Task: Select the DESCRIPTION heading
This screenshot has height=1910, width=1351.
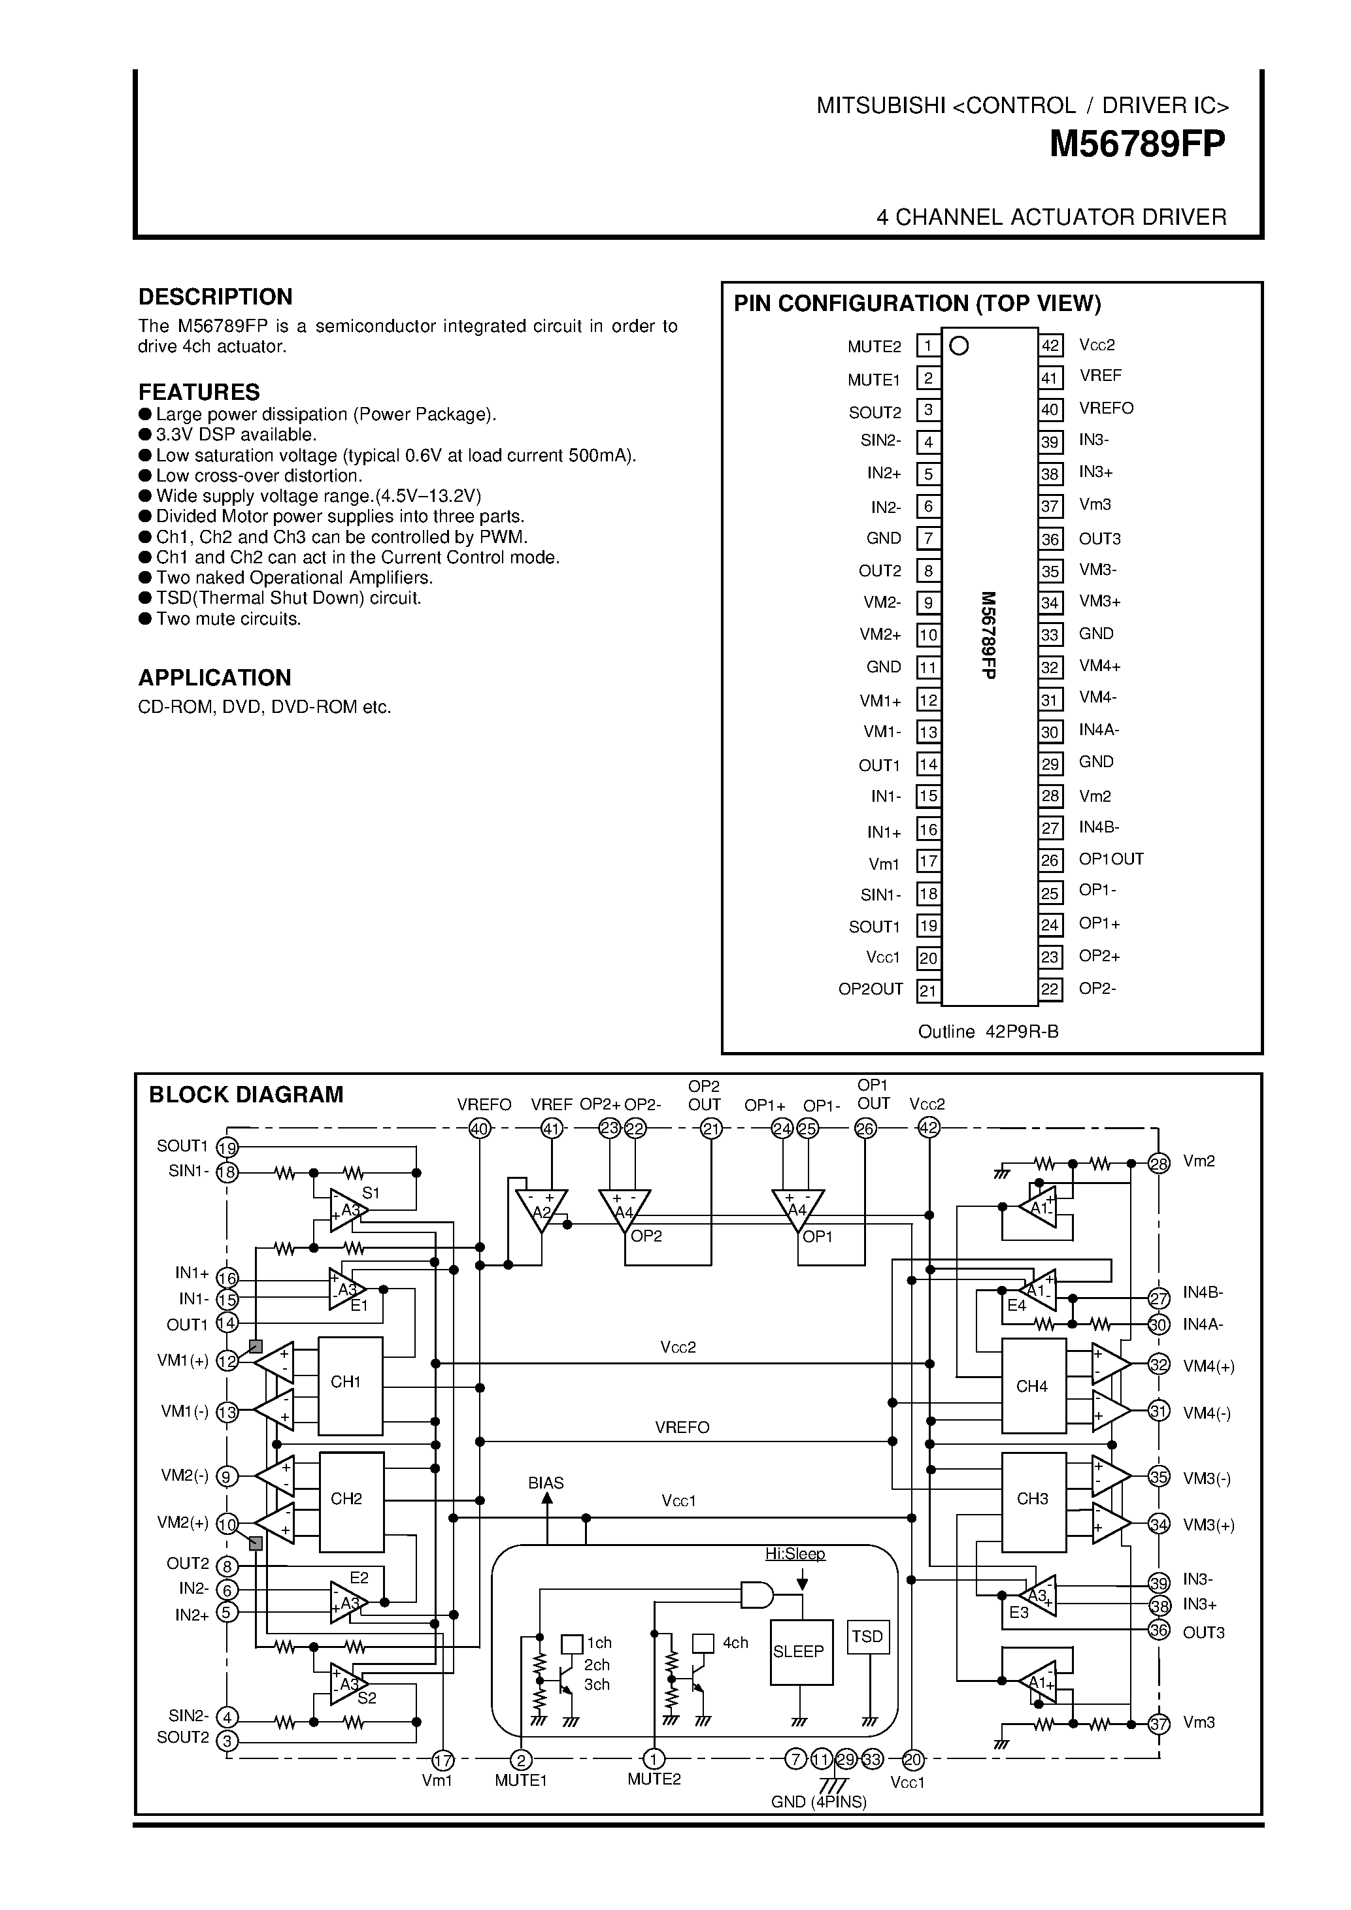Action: (x=214, y=297)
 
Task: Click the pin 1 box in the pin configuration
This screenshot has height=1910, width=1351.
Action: (x=927, y=345)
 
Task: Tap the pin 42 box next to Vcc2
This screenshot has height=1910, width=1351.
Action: (x=1050, y=345)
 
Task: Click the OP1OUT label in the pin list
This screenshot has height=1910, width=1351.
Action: (x=1110, y=859)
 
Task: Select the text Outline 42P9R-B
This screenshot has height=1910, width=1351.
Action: (x=988, y=1032)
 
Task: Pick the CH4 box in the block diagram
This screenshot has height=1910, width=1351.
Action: (x=1033, y=1386)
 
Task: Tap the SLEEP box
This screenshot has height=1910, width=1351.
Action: (x=800, y=1651)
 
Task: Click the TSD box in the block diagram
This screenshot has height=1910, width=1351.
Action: (x=867, y=1636)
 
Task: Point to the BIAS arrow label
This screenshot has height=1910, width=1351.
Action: (x=546, y=1483)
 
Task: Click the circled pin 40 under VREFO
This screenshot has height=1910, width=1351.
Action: (x=479, y=1129)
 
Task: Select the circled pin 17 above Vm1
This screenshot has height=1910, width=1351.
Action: (x=442, y=1760)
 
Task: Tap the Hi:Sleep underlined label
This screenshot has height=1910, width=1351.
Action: (x=795, y=1554)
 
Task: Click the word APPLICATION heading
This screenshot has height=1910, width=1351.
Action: (x=214, y=677)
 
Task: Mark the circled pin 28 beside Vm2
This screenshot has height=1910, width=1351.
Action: (x=1158, y=1164)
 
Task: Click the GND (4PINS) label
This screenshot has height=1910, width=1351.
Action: (x=818, y=1802)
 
